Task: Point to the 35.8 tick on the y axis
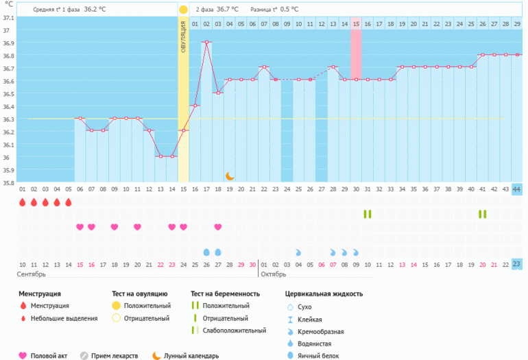(8, 183)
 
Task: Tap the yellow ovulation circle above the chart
(183, 10)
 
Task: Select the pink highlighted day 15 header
(356, 24)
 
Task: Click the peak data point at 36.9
(206, 43)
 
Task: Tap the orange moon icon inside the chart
(230, 176)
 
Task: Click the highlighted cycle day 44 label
(516, 189)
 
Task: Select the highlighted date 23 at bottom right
(516, 265)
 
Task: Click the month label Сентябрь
(32, 274)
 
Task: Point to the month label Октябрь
(275, 274)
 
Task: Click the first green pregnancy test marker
(367, 214)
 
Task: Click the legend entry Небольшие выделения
(65, 318)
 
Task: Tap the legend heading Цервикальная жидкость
(324, 293)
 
